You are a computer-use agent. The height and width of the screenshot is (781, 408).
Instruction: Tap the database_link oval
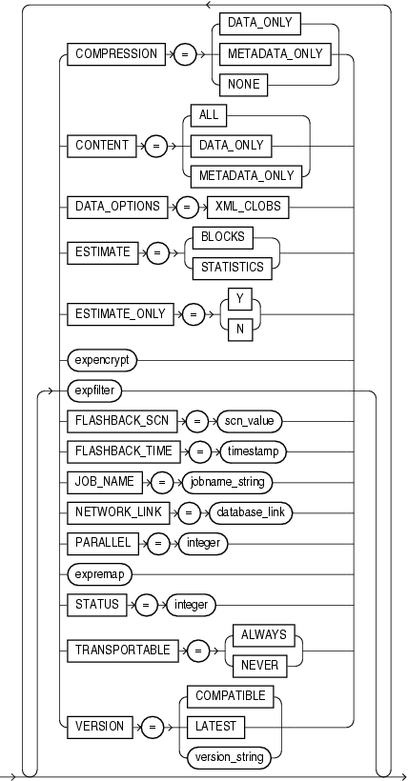pyautogui.click(x=251, y=511)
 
